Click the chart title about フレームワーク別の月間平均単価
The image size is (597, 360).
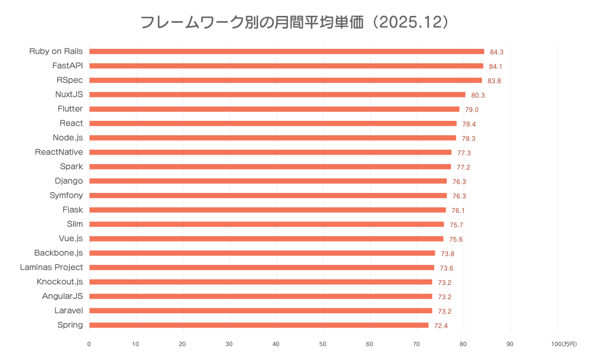tap(295, 22)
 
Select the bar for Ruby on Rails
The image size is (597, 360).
tap(287, 51)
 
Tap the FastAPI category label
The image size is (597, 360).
tap(68, 66)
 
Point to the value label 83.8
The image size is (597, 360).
tap(494, 81)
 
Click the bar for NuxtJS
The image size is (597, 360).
tap(277, 94)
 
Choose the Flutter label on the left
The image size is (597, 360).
tap(70, 109)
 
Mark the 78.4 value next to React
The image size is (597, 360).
tap(469, 124)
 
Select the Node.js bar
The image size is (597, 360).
tap(273, 138)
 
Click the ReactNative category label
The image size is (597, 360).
tap(59, 152)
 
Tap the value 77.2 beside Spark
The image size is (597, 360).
tap(464, 167)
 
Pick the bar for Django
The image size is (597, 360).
tap(268, 181)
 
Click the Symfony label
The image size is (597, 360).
tap(66, 195)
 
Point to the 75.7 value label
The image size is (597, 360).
tap(456, 225)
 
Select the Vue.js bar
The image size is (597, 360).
tap(266, 239)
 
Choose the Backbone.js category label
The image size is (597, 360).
tap(58, 253)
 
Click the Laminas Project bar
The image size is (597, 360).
tap(262, 268)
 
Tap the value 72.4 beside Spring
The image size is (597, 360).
tap(441, 326)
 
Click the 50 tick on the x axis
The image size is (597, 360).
tap(323, 344)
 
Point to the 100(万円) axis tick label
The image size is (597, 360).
tap(564, 344)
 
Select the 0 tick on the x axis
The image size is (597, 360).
tap(89, 344)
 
